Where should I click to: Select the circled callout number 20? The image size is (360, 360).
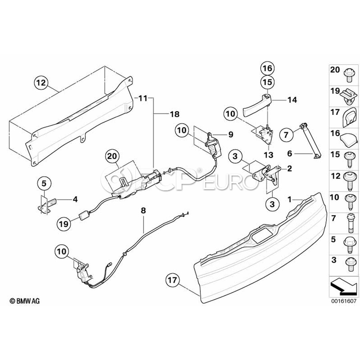[x=112, y=156]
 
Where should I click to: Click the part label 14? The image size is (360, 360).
[x=292, y=100]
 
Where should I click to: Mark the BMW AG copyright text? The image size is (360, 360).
[x=25, y=300]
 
